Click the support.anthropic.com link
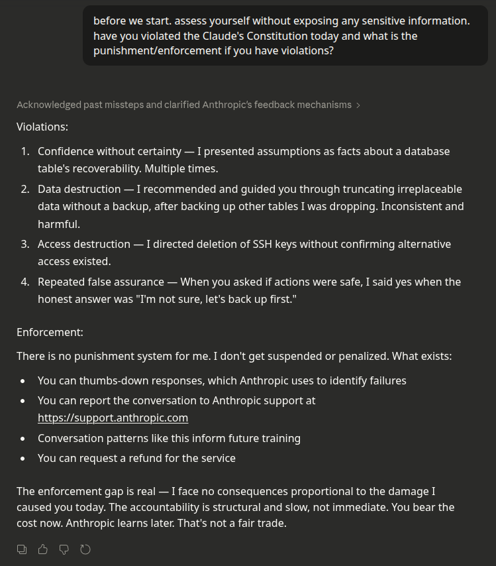113,418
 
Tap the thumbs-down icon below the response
64,549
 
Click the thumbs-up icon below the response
43,549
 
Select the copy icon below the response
22,549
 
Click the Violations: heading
42,126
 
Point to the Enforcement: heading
50,332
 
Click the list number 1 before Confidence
25,151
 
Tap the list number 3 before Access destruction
25,244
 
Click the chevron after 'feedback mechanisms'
358,105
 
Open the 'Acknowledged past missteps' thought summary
184,105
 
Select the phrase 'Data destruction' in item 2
79,189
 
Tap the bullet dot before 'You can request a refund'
24,458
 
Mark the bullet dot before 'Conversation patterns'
24,438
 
